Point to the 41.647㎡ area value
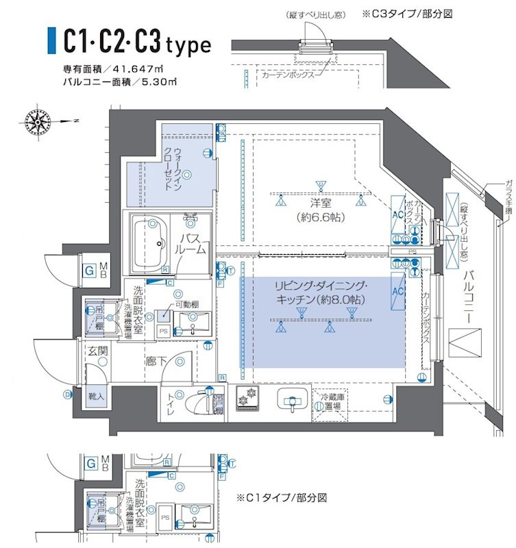tap(148, 69)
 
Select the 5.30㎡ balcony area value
tap(161, 82)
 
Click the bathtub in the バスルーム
tap(150, 242)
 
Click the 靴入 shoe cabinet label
tap(96, 396)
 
